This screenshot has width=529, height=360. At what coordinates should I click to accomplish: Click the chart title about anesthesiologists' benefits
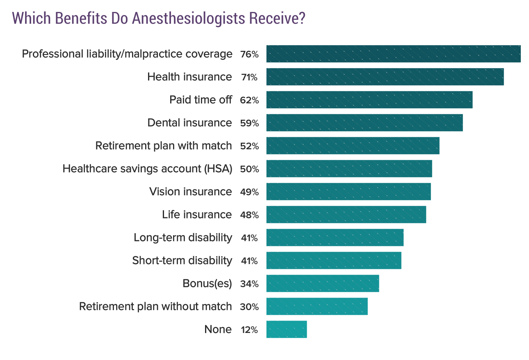(x=159, y=19)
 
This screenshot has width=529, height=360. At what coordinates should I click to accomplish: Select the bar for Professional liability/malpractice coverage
(x=393, y=54)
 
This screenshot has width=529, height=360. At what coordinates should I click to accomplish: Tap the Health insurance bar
(x=385, y=77)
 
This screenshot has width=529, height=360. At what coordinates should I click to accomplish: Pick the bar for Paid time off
(x=369, y=100)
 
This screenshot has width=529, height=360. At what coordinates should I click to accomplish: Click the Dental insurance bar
(x=364, y=123)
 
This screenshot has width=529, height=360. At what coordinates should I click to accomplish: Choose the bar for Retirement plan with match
(x=353, y=146)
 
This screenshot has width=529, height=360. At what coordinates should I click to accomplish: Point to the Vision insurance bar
(x=349, y=191)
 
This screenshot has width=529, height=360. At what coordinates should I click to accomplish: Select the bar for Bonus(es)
(x=322, y=283)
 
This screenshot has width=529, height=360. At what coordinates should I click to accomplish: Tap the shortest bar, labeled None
(x=286, y=329)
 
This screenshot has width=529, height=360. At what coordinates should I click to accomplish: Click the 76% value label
(x=249, y=54)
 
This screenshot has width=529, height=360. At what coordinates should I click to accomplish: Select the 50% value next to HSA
(x=249, y=169)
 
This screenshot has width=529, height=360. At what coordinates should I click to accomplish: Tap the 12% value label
(x=249, y=330)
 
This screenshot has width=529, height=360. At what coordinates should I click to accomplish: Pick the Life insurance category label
(x=197, y=214)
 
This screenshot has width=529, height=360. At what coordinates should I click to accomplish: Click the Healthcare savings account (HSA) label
(x=147, y=169)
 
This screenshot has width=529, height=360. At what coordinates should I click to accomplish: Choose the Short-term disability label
(x=182, y=260)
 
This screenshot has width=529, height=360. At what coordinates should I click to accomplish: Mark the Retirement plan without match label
(x=155, y=306)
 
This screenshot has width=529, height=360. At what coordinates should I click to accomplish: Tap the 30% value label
(x=249, y=307)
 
